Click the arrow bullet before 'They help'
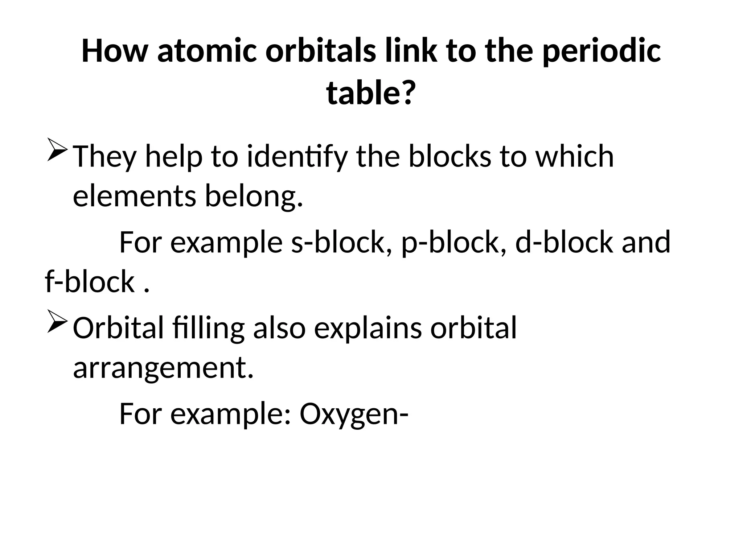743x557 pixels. point(57,150)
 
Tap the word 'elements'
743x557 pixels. point(134,195)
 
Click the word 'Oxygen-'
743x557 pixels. point(354,414)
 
